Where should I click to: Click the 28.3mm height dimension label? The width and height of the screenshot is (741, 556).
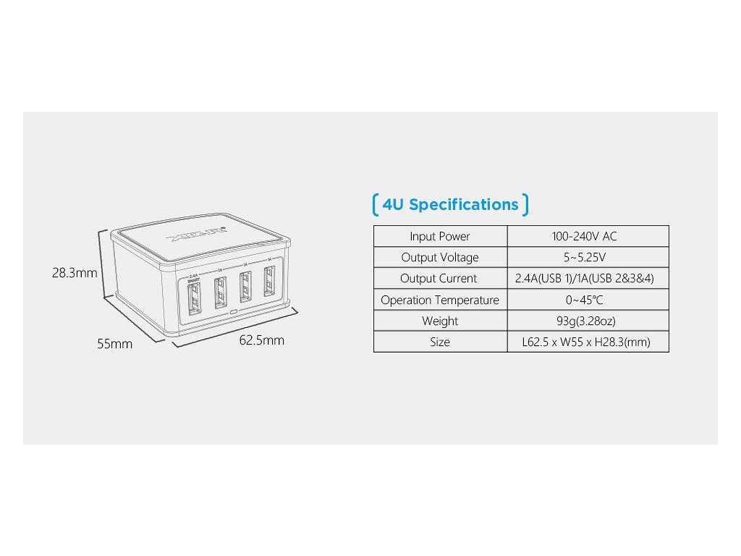(75, 274)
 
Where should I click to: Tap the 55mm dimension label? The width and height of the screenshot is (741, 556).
(115, 345)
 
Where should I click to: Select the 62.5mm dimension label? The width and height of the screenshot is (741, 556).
(262, 340)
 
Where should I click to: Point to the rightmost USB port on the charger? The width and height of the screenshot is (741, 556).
(270, 282)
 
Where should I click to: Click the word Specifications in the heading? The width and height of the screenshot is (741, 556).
(464, 205)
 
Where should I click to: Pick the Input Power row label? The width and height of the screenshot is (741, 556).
(440, 237)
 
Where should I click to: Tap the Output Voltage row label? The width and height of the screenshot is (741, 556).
(440, 258)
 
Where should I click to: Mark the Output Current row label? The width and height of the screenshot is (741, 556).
(439, 279)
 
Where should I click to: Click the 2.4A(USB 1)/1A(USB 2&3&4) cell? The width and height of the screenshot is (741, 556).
(587, 279)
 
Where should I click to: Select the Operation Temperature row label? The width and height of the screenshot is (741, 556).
(440, 300)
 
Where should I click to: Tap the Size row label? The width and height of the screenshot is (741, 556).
(440, 342)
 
